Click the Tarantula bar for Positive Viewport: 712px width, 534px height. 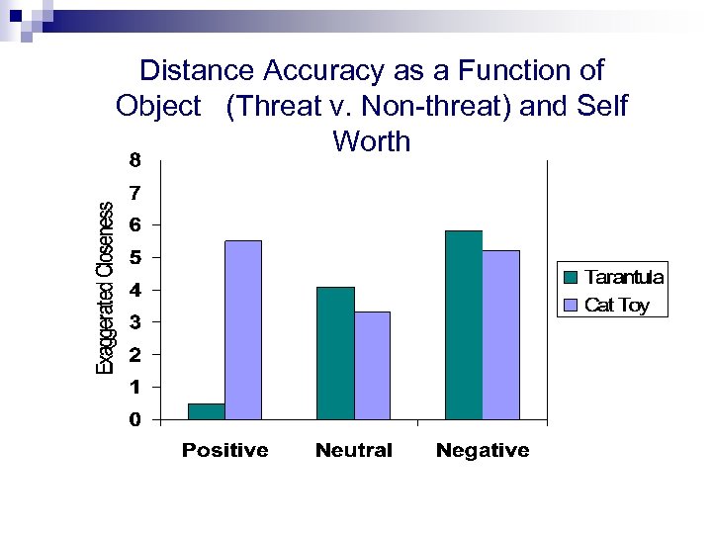point(207,411)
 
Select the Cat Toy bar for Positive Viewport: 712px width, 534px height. point(243,330)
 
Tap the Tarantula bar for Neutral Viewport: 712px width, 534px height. point(335,353)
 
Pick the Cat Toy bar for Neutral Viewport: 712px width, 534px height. point(372,366)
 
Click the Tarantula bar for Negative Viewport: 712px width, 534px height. point(464,325)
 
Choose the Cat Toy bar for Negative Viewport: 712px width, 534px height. point(500,335)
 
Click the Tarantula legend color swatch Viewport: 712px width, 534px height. point(572,277)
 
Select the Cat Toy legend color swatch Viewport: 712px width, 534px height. point(572,305)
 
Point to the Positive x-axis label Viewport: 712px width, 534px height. point(224,451)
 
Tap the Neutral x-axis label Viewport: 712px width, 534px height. point(353,451)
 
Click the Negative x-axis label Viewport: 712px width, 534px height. point(483,451)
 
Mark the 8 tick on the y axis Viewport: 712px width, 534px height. point(134,159)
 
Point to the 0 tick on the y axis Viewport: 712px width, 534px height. point(134,419)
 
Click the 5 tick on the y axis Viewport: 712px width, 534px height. point(134,257)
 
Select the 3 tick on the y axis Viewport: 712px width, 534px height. point(134,322)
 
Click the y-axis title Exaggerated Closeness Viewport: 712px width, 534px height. point(105,288)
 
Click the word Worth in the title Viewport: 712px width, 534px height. point(372,141)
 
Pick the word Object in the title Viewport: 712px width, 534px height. point(158,106)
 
